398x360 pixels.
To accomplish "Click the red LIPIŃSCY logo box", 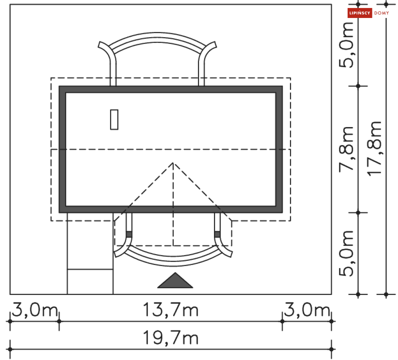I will [359, 13].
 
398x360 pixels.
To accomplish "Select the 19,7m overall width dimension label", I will [171, 338].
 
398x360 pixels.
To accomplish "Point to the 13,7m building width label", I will [171, 310].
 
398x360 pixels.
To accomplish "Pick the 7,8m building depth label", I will [346, 148].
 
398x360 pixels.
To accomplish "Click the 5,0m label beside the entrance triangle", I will [346, 253].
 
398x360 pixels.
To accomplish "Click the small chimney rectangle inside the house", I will [114, 119].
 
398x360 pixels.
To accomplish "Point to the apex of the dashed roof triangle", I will [173, 163].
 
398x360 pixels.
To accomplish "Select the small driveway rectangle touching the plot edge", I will [90, 282].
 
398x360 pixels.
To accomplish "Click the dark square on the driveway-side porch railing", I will [129, 234].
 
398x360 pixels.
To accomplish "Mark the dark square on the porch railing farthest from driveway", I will [217, 234].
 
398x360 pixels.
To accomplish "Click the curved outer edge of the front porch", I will [173, 264].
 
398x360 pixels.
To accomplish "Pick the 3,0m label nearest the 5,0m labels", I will [307, 310].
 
